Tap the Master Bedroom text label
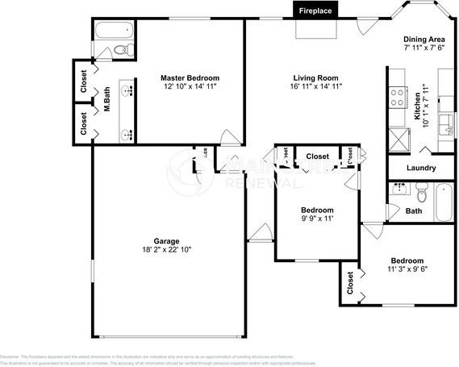(190, 77)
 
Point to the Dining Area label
(424, 39)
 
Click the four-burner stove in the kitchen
(398, 98)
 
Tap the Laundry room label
(421, 169)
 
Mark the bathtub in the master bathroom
(111, 33)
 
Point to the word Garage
(167, 241)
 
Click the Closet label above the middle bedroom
(317, 156)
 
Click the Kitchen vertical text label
(416, 106)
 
